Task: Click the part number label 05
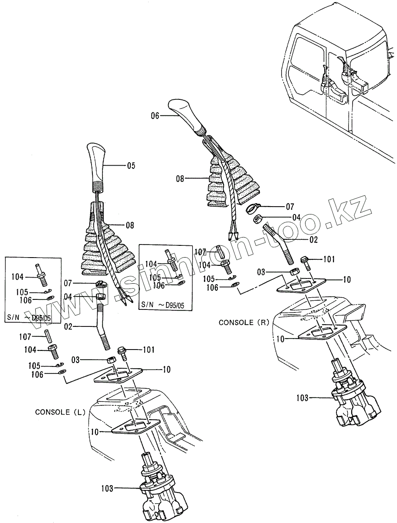[131, 166]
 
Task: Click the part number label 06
[156, 116]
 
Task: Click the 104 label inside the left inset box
[17, 276]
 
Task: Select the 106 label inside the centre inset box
[159, 285]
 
